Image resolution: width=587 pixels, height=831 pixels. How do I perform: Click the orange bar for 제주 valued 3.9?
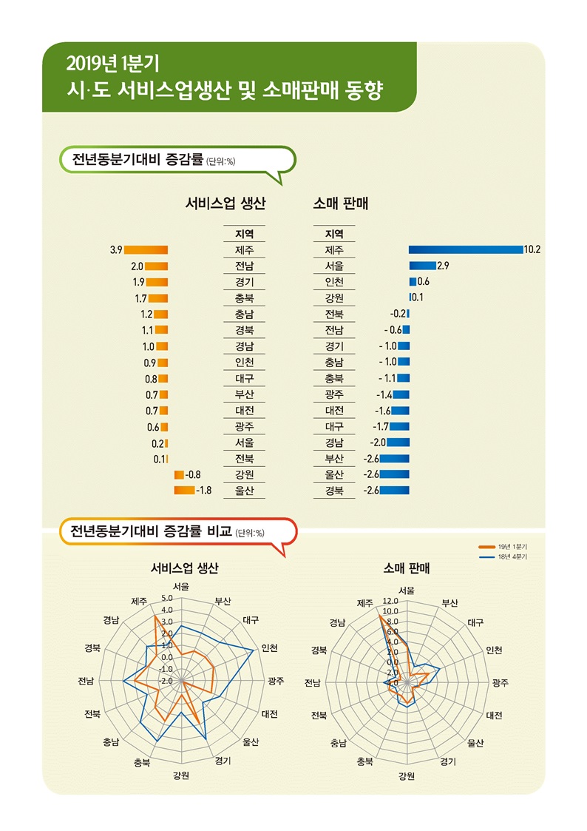tap(146, 250)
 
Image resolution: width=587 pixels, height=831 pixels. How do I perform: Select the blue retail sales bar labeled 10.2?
tap(466, 250)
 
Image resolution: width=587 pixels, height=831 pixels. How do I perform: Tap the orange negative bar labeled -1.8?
tap(184, 490)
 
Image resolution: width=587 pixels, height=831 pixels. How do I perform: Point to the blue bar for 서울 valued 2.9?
tap(423, 266)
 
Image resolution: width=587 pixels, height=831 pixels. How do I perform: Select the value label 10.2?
tap(532, 250)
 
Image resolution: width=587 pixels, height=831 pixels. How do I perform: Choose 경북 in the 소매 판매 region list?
tap(334, 491)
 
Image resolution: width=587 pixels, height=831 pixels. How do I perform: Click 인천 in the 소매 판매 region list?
tap(334, 282)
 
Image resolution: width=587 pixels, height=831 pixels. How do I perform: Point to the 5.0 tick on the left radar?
tap(166, 598)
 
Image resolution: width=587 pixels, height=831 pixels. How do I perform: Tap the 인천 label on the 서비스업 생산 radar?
tap(271, 648)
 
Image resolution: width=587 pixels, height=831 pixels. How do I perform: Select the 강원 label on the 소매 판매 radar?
tap(406, 776)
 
